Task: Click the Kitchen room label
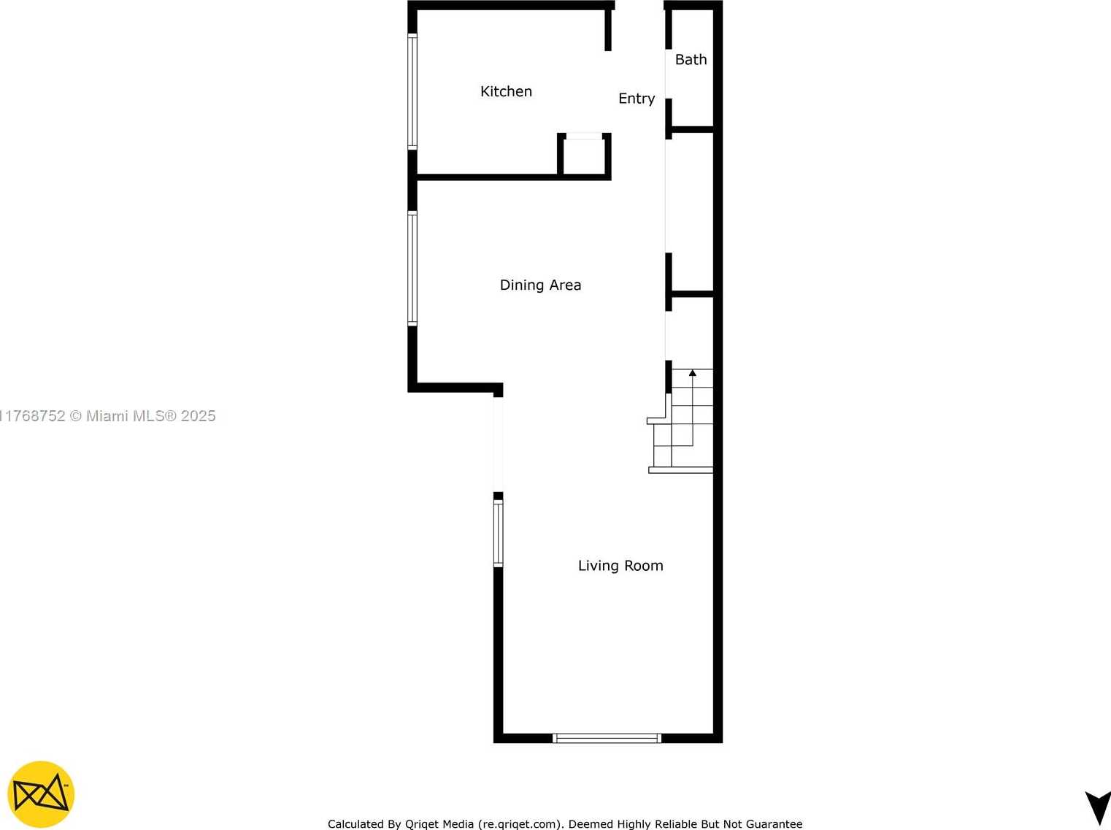(x=506, y=91)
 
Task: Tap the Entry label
(x=637, y=99)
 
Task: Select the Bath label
(x=691, y=60)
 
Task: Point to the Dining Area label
(x=540, y=285)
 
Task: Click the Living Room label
(x=620, y=565)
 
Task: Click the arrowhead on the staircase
(x=693, y=373)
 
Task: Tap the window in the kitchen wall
(x=412, y=91)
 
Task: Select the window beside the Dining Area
(x=412, y=268)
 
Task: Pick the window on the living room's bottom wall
(x=607, y=738)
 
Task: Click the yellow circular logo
(x=41, y=794)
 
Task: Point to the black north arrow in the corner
(x=1099, y=807)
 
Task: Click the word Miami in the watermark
(x=107, y=416)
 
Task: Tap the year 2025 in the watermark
(x=199, y=416)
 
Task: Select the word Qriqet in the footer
(x=422, y=824)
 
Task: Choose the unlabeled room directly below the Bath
(x=692, y=211)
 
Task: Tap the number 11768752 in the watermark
(x=33, y=416)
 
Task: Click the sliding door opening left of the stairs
(x=498, y=445)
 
